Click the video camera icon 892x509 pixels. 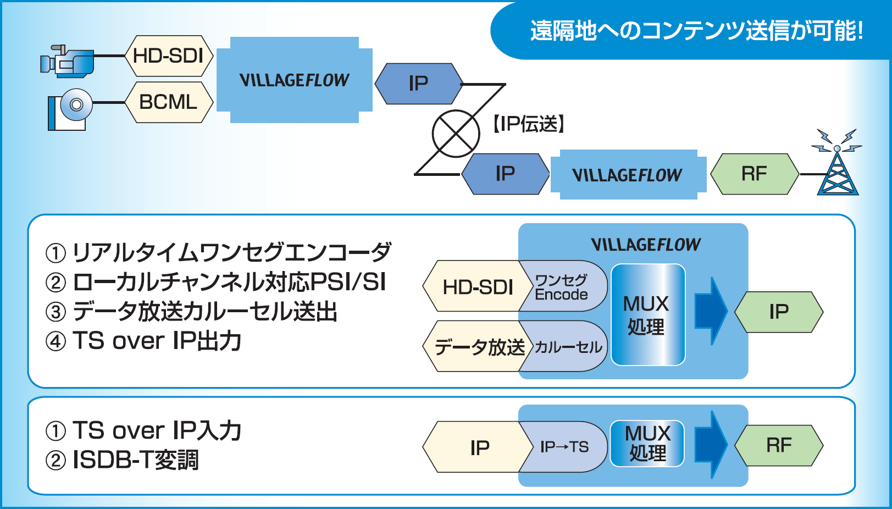67,61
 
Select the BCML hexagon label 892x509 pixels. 169,102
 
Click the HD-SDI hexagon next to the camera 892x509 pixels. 169,56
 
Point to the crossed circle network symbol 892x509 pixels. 456,134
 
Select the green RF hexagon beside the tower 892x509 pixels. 755,174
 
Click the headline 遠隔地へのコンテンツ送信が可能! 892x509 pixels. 696,31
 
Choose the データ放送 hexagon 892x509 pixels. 478,346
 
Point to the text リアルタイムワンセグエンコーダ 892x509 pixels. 232,252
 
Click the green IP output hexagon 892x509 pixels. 779,312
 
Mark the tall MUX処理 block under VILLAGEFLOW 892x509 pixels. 648,314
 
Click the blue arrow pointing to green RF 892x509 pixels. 711,445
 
